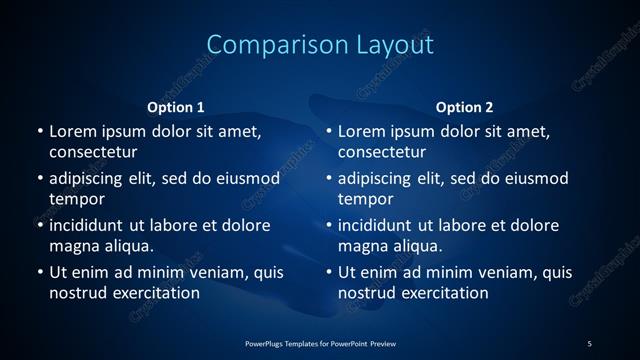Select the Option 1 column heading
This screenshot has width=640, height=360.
[176, 107]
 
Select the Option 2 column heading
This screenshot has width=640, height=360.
[465, 107]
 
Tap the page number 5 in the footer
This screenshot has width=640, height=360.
[589, 343]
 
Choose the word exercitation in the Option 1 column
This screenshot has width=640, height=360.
[156, 293]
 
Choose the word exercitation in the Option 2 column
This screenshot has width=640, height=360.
[446, 293]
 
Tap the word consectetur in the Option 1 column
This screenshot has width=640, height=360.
[93, 152]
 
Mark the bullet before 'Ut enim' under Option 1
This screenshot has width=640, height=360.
[39, 272]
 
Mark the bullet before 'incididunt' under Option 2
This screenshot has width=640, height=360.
[329, 225]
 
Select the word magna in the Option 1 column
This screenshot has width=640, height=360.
[72, 245]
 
